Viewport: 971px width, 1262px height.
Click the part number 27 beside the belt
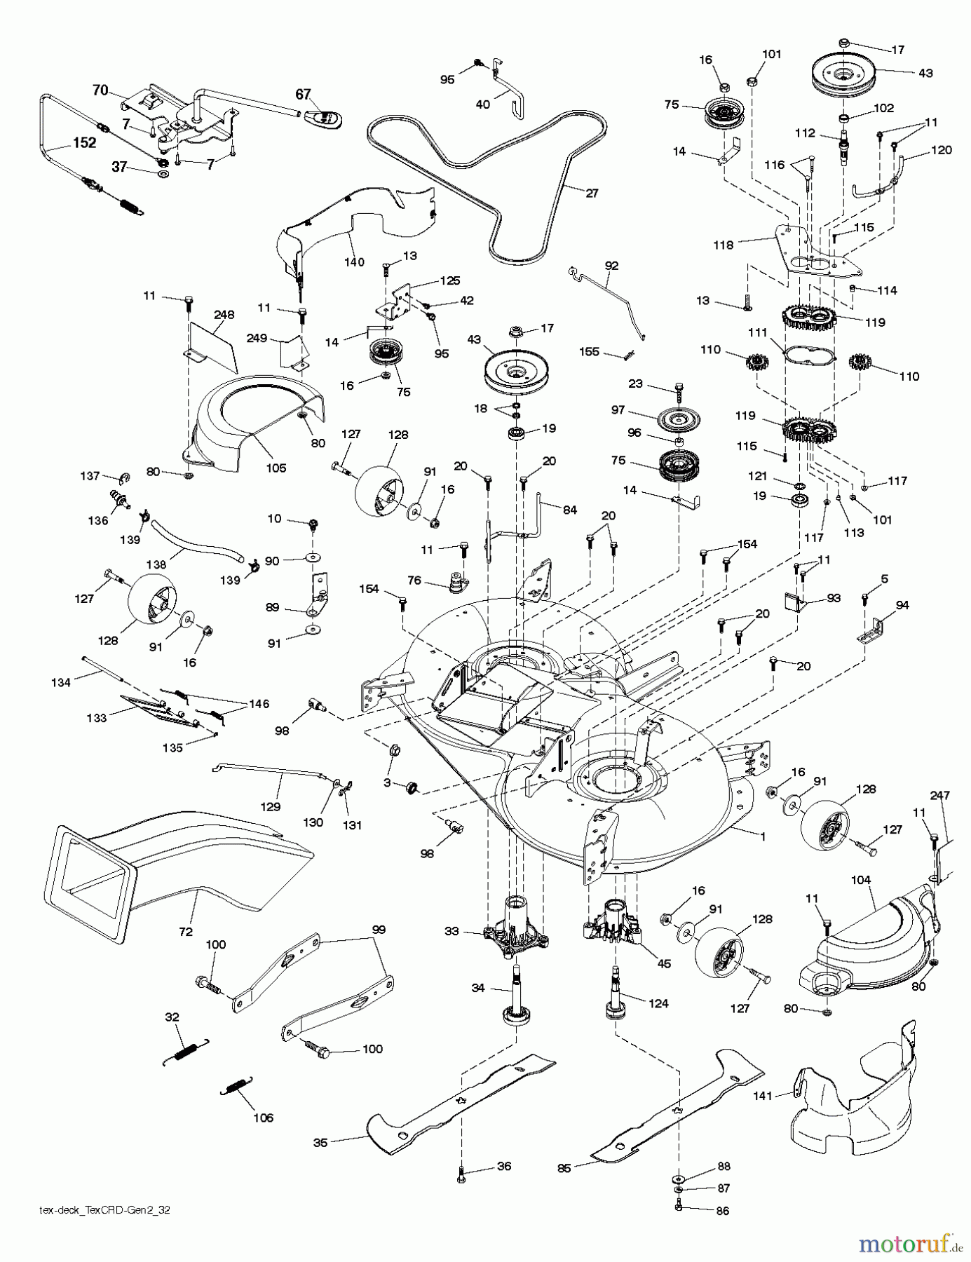(x=592, y=194)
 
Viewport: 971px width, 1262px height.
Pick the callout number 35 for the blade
(x=320, y=1142)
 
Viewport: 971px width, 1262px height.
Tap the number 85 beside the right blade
(x=564, y=1168)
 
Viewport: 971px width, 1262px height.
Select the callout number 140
(x=355, y=262)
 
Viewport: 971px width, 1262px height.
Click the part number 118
(x=724, y=245)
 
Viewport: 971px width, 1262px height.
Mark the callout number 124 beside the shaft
(x=659, y=1003)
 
